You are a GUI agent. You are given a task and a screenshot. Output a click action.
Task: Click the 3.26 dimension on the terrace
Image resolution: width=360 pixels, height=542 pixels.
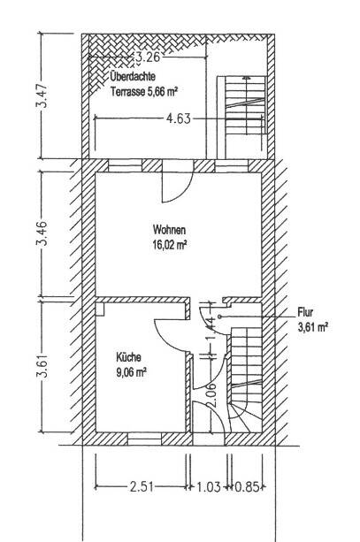148,57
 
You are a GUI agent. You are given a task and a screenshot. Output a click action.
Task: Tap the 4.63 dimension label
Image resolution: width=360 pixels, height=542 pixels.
178,118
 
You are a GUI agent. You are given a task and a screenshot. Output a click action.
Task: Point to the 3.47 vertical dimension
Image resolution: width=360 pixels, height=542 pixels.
42,95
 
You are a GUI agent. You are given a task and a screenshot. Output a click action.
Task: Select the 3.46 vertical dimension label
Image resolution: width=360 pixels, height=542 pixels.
42,233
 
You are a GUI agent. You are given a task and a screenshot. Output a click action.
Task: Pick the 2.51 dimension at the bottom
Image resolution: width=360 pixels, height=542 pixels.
142,486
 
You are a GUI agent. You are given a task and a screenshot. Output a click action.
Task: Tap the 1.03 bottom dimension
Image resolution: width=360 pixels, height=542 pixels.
209,486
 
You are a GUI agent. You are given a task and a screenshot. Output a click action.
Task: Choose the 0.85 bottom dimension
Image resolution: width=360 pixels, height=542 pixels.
247,486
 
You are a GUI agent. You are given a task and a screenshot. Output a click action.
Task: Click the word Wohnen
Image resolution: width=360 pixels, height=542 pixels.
169,230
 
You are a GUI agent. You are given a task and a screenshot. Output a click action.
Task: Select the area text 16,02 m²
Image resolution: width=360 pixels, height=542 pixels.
170,245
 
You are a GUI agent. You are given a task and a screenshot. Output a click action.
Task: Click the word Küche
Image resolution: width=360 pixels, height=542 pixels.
128,357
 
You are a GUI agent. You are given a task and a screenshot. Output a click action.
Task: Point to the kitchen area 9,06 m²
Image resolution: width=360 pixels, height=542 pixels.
131,372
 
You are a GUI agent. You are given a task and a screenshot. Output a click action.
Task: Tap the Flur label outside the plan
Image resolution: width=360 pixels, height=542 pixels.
305,312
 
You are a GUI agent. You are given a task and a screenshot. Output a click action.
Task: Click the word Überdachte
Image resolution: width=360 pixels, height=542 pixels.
133,76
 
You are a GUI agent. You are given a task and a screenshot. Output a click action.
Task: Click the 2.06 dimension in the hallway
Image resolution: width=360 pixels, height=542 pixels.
213,394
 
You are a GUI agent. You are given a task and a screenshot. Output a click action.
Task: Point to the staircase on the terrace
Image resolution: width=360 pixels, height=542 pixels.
241,105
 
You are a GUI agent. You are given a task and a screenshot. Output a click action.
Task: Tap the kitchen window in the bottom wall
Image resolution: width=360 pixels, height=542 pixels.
144,439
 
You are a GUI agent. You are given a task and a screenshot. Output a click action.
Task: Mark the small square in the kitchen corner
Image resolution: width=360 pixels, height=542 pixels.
100,309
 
